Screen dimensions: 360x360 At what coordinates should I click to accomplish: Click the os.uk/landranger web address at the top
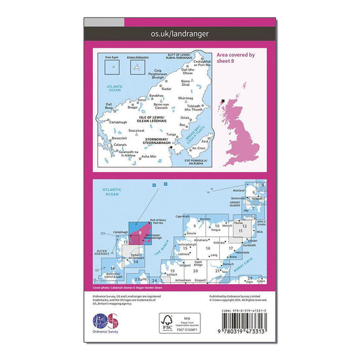[x=179, y=32]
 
